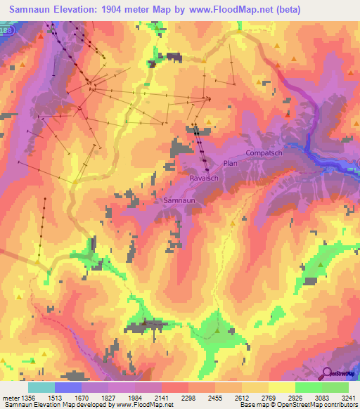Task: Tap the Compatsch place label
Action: pyautogui.click(x=264, y=152)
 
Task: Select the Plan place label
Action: pyautogui.click(x=231, y=163)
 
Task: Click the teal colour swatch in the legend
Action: pyautogui.click(x=41, y=387)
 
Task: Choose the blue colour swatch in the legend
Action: pyautogui.click(x=68, y=387)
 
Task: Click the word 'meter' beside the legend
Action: pyautogui.click(x=10, y=398)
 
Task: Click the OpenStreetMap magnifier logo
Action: pyautogui.click(x=328, y=374)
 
